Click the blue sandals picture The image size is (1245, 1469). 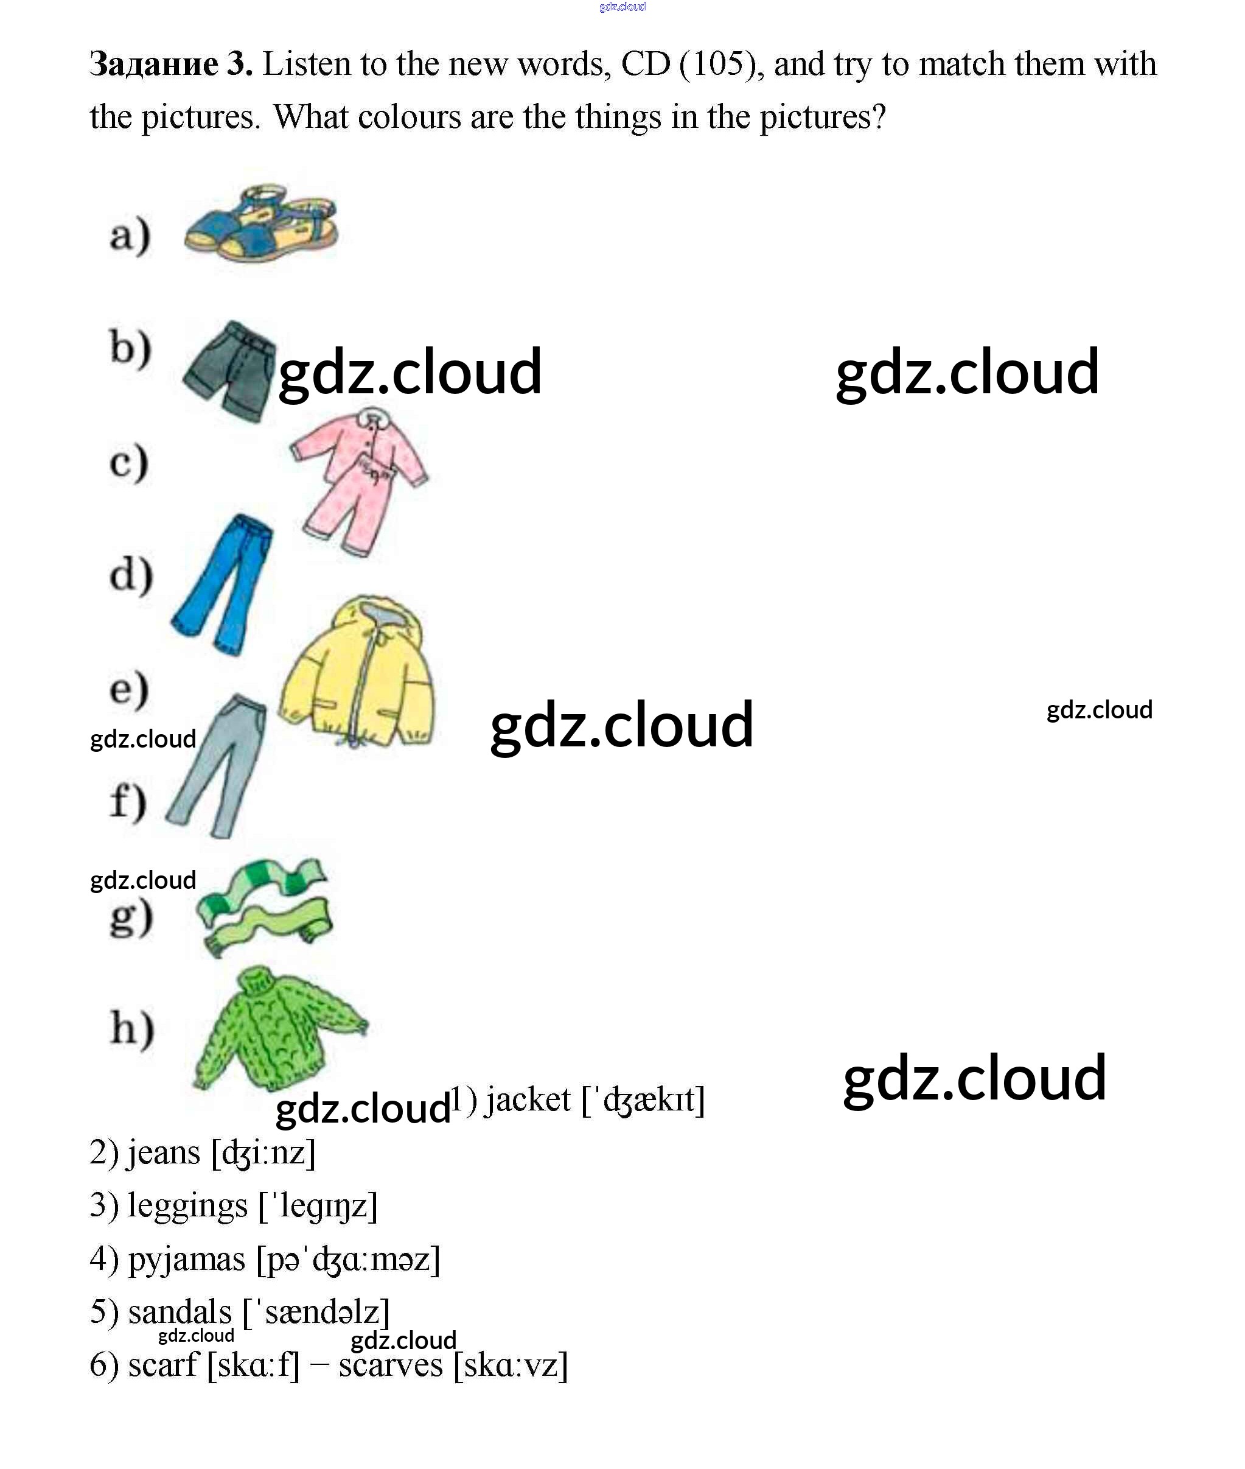coord(260,225)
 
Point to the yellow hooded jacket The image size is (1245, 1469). coord(357,673)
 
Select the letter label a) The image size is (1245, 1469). coord(130,235)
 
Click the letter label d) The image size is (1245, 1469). coord(131,574)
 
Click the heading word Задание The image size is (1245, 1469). coord(154,63)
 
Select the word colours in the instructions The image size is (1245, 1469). coord(410,116)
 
